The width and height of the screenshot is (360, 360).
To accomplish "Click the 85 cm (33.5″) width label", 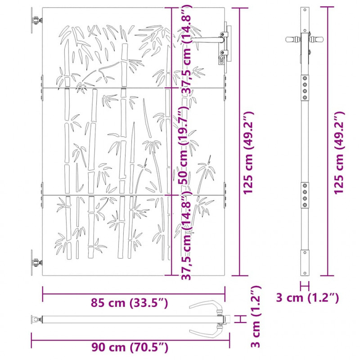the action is pyautogui.click(x=129, y=303).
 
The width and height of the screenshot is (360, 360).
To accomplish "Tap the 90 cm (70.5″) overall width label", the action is pyautogui.click(x=130, y=347).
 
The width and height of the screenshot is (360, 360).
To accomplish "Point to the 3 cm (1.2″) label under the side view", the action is pyautogui.click(x=307, y=298).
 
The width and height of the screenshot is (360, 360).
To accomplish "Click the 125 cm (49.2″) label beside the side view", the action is pyautogui.click(x=339, y=153).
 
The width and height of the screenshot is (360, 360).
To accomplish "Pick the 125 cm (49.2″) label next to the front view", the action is pyautogui.click(x=249, y=153).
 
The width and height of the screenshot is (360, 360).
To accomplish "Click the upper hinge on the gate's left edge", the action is pyautogui.click(x=36, y=20).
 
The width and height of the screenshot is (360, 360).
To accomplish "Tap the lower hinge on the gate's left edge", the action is pyautogui.click(x=36, y=262).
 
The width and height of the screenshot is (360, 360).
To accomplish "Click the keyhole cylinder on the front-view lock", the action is pyautogui.click(x=221, y=60).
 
